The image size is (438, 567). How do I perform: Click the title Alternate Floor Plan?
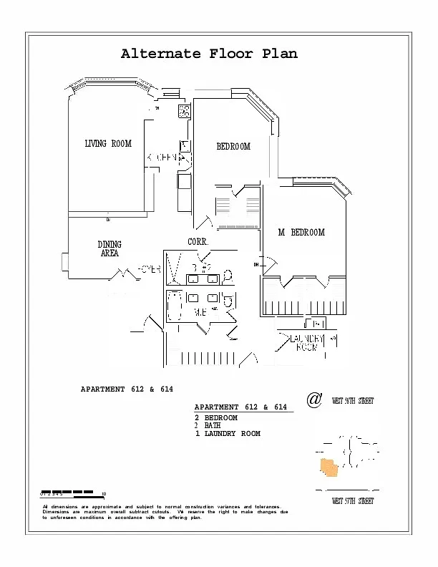point(208,54)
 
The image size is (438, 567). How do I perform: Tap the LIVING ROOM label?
point(108,144)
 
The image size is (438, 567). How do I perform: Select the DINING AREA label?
point(109,249)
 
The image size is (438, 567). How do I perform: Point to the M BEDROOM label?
point(301,233)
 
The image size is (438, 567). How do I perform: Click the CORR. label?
point(198,242)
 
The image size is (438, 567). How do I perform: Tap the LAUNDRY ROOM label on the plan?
point(307,343)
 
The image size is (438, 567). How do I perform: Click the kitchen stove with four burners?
point(184,111)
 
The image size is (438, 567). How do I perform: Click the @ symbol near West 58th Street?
point(313,399)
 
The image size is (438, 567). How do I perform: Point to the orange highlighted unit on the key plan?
point(328,467)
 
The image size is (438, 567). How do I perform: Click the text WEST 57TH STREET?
point(352,502)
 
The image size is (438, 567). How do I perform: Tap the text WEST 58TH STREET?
point(352,401)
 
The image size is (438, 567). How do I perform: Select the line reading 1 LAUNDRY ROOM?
point(228,434)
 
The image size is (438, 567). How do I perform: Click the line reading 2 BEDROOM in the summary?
point(216,417)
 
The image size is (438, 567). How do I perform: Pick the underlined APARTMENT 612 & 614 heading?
point(240,407)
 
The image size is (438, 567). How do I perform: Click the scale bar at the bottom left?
point(67,492)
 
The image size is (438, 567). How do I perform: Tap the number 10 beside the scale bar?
point(104,495)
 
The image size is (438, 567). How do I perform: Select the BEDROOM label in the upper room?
point(233,147)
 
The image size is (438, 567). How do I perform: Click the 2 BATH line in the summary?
point(208,425)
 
